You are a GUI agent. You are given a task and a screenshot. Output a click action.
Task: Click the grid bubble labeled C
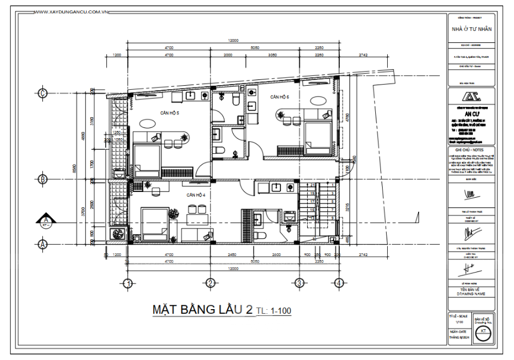[42, 93]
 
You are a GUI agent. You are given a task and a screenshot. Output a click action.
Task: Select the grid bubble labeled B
[42, 179]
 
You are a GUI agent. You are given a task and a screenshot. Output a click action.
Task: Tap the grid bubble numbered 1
[128, 282]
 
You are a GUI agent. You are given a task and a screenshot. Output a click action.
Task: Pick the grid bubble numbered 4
[339, 282]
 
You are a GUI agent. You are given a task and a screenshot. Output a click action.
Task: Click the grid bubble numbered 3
[298, 282]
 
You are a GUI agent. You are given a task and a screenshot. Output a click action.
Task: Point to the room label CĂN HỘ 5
[170, 113]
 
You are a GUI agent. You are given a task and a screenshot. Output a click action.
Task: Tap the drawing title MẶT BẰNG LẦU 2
[202, 310]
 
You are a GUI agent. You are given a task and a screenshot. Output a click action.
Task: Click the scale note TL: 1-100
[274, 311]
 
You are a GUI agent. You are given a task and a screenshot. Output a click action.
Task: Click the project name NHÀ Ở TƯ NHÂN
[471, 29]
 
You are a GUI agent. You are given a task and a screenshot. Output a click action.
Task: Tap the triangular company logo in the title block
[471, 95]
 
